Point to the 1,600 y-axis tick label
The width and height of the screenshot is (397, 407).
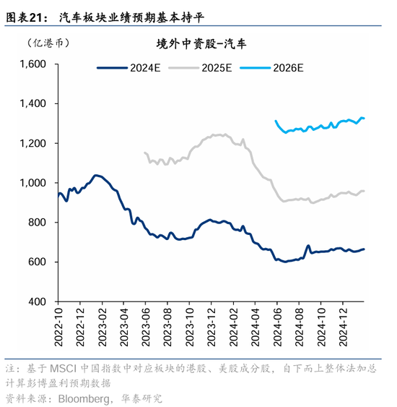click(32, 64)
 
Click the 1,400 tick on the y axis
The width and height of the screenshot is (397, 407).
click(32, 104)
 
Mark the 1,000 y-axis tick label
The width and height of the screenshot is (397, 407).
click(32, 183)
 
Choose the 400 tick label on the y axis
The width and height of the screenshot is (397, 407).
click(37, 301)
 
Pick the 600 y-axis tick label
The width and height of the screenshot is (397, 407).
click(37, 262)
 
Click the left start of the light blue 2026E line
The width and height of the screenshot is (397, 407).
click(276, 121)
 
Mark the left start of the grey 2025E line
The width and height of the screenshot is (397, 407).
click(145, 153)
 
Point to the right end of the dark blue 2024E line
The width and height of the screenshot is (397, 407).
click(365, 249)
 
